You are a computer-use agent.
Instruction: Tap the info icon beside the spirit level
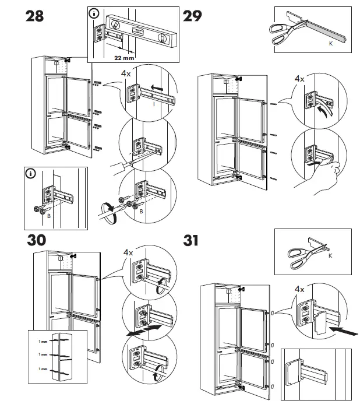pyautogui.click(x=94, y=12)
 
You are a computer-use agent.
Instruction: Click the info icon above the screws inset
pyautogui.click(x=31, y=173)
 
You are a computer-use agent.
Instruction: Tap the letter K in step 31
pyautogui.click(x=330, y=257)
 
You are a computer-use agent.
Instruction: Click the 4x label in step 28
pyautogui.click(x=126, y=74)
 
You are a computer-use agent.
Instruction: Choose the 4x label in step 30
pyautogui.click(x=129, y=252)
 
